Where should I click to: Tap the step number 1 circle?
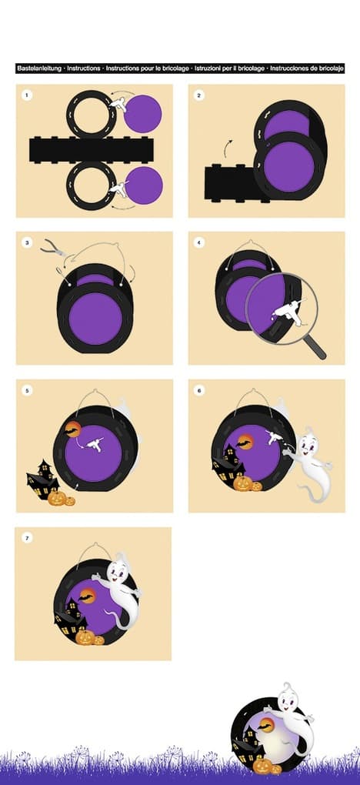coord(26,95)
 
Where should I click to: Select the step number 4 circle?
coord(199,242)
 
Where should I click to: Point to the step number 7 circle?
coord(26,538)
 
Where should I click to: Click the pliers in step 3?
coord(53,247)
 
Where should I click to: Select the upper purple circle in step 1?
coord(143,114)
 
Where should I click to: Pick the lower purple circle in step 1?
coord(144,185)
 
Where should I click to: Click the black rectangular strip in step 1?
coord(91,150)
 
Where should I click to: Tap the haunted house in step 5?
coord(42,480)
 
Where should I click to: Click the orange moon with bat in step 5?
coord(72,429)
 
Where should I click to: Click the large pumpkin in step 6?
coord(242,483)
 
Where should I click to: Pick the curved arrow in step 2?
coord(228,149)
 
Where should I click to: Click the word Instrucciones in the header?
coord(289,68)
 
